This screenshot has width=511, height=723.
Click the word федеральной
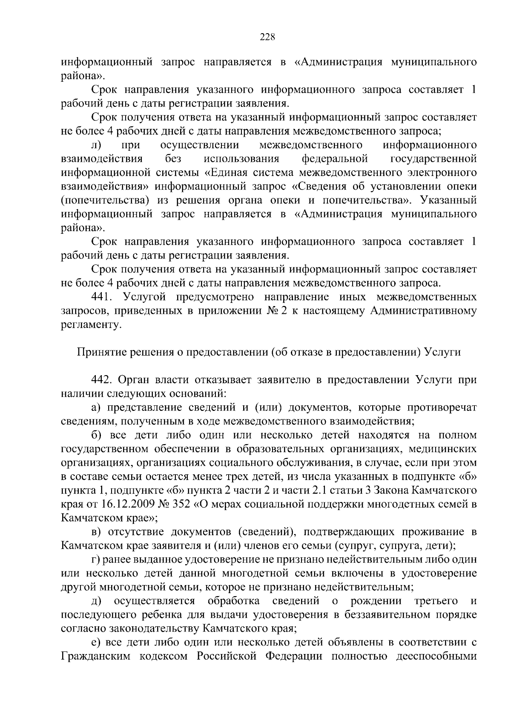coord(334,159)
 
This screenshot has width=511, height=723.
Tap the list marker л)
coord(96,145)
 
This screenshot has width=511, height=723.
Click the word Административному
coord(423,311)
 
